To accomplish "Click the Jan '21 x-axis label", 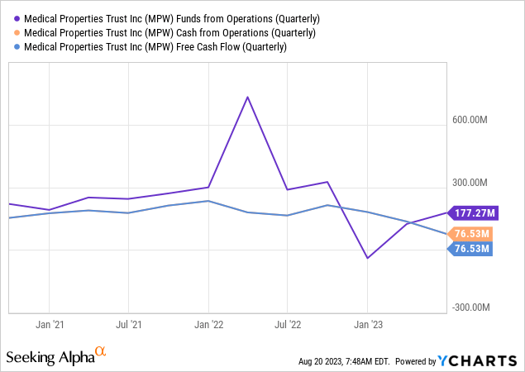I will coord(50,325).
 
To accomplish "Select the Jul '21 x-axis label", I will coord(127,325).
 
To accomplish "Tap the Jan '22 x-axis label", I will coord(208,325).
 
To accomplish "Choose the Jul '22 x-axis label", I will coord(287,325).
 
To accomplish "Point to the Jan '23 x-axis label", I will coord(368,325).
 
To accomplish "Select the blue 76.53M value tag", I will coord(471,249).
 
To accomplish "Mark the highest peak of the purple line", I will coord(247,97).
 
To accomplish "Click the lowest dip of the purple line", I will coord(367,258).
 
